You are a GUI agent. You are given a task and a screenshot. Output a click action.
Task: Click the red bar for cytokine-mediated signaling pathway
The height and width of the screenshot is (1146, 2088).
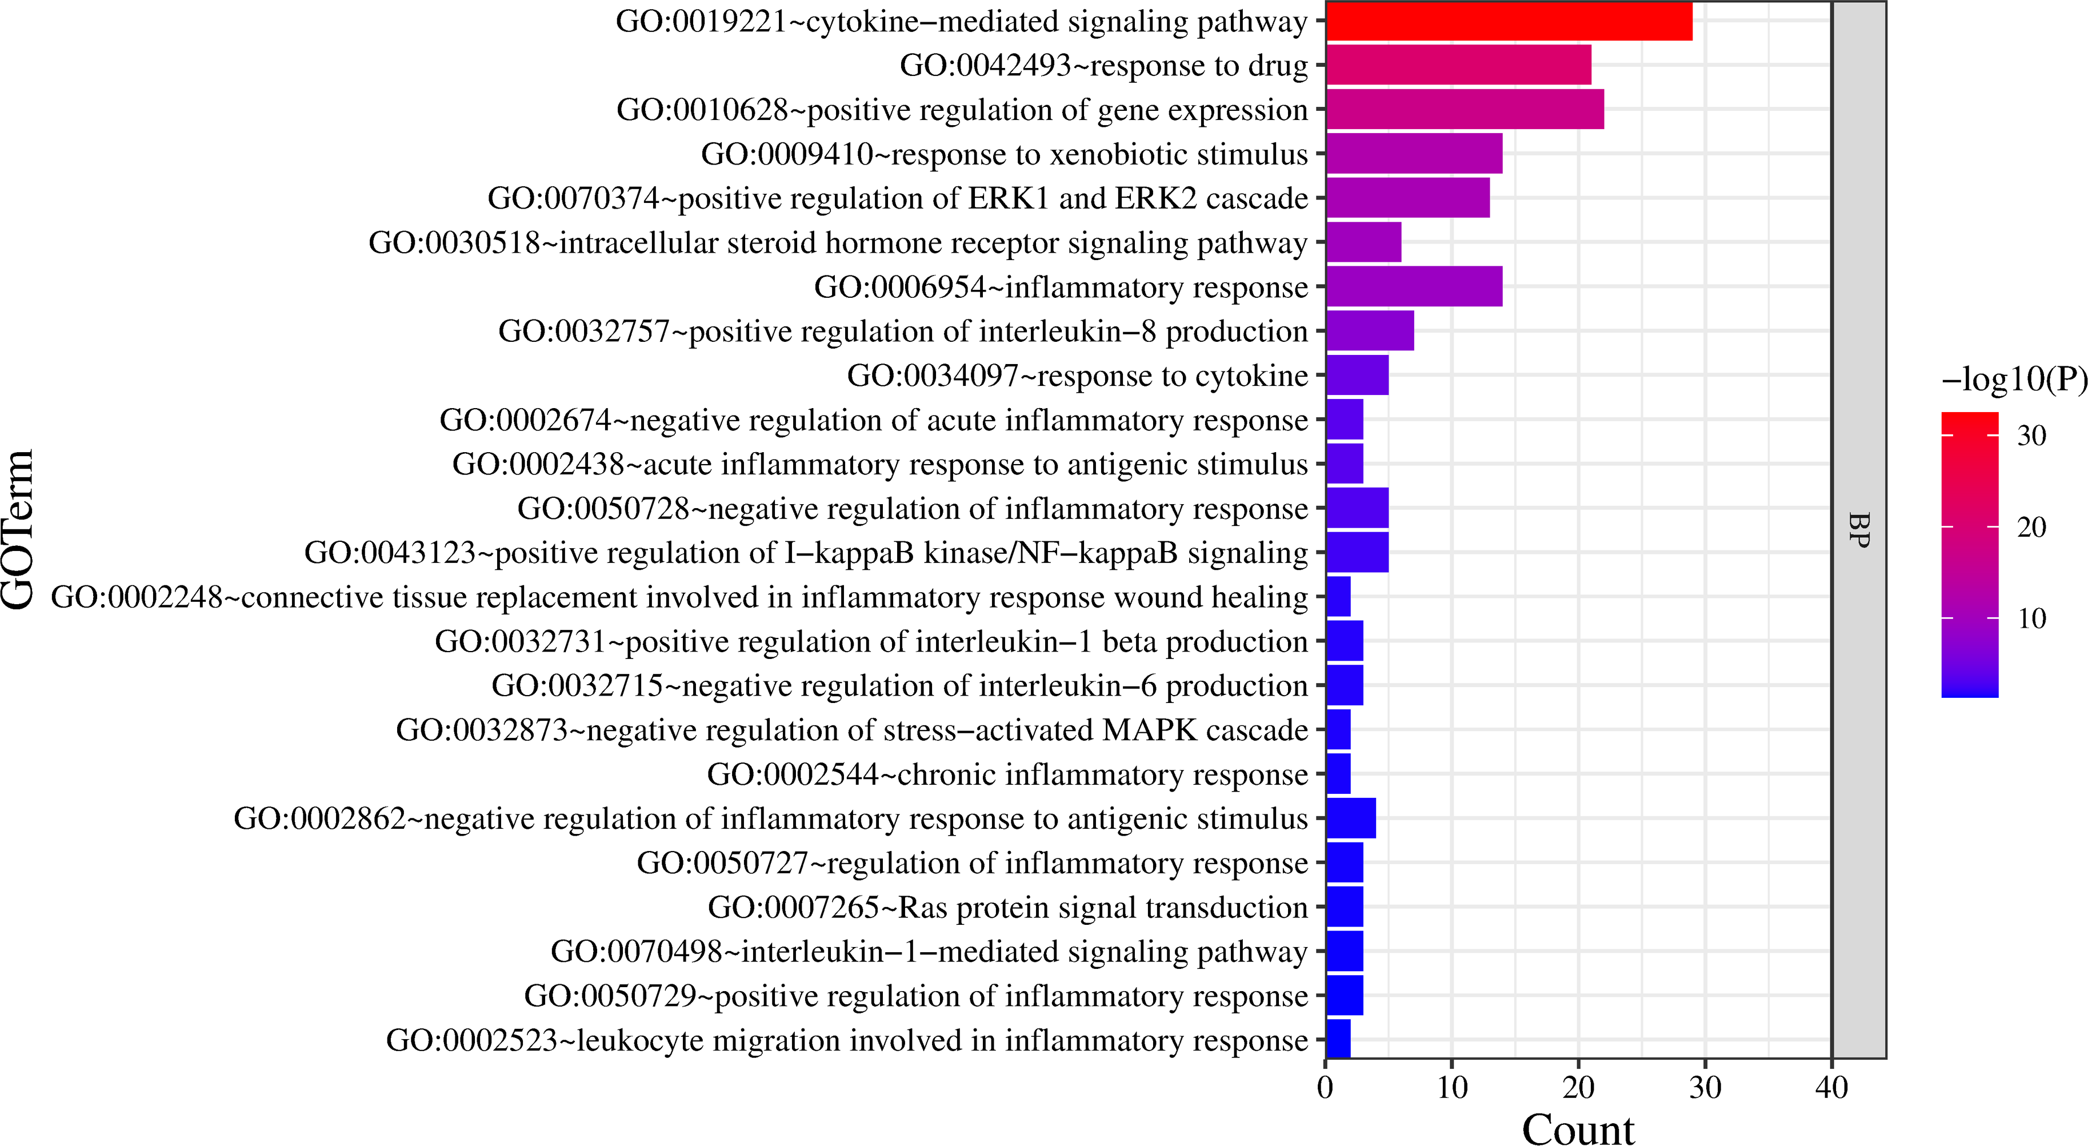pyautogui.click(x=1509, y=21)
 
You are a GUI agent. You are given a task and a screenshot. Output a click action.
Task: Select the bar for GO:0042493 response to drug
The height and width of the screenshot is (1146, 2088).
pyautogui.click(x=1458, y=65)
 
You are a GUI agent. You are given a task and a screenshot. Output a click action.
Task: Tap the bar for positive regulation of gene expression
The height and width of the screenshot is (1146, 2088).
pyautogui.click(x=1465, y=110)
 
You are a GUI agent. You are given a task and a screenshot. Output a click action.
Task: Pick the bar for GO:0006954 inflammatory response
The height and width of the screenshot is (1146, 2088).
pyautogui.click(x=1414, y=286)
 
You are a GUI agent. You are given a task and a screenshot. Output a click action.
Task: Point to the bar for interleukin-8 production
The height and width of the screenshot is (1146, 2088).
pyautogui.click(x=1370, y=331)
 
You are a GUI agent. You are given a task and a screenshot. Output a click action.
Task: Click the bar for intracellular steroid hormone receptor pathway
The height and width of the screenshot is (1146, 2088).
pyautogui.click(x=1363, y=242)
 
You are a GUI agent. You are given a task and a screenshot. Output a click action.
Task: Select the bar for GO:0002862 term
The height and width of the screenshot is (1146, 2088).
pyautogui.click(x=1351, y=818)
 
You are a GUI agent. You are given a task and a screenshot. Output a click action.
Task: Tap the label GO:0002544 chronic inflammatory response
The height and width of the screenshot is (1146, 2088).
pyautogui.click(x=1007, y=774)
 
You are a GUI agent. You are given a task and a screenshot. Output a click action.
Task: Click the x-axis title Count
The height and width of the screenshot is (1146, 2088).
pyautogui.click(x=1578, y=1129)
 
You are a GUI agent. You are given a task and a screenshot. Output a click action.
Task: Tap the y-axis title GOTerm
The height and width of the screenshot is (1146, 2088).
pyautogui.click(x=18, y=529)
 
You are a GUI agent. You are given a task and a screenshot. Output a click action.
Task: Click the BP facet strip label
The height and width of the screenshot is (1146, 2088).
pyautogui.click(x=1859, y=530)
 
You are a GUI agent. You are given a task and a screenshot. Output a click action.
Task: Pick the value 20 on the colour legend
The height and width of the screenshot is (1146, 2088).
pyautogui.click(x=2031, y=527)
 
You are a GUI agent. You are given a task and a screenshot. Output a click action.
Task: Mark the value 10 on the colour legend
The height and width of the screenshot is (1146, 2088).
pyautogui.click(x=2031, y=619)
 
